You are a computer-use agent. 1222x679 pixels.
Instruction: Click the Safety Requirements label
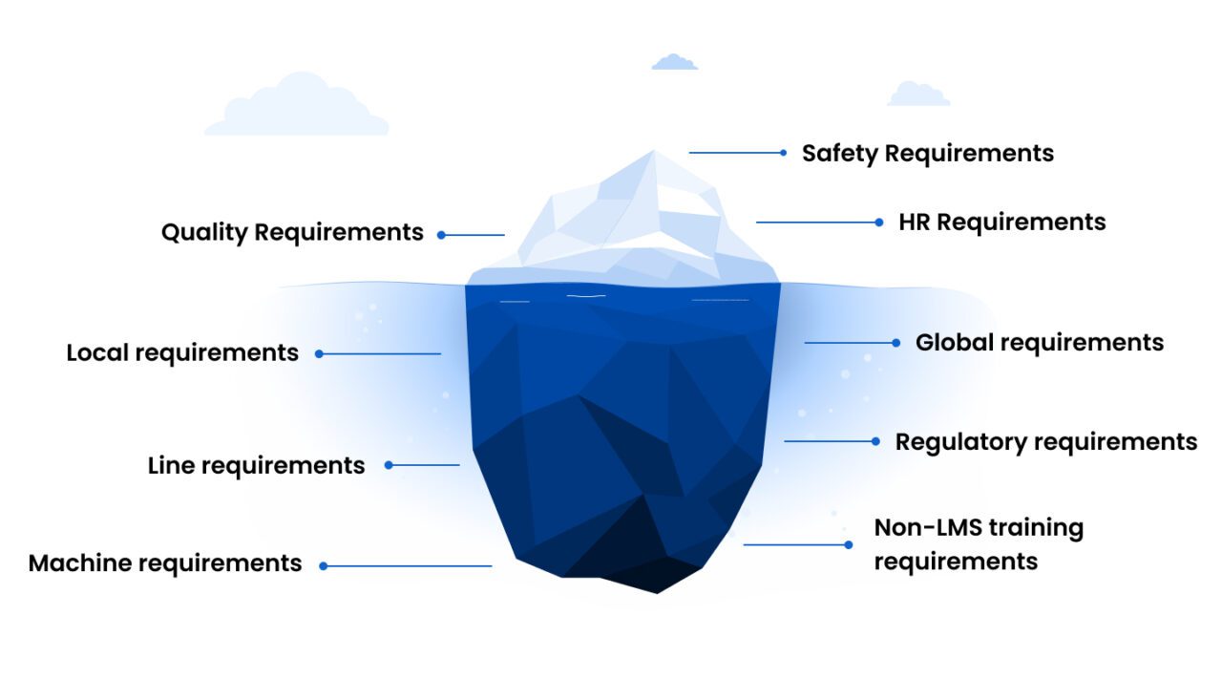(927, 153)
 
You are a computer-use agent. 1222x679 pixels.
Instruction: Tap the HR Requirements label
(1001, 222)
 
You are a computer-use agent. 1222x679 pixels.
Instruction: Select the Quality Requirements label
(292, 232)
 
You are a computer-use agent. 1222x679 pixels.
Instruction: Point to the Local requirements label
(182, 352)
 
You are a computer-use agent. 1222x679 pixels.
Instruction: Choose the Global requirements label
(1039, 342)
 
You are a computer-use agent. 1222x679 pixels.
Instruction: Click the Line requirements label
(256, 465)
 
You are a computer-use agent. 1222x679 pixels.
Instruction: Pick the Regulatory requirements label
(1045, 441)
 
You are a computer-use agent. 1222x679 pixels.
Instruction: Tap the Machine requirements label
(165, 563)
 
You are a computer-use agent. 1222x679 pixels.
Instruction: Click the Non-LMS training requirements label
(978, 543)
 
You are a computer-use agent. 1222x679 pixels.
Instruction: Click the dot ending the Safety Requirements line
(784, 153)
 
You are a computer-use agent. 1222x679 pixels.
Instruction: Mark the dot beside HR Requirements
(879, 223)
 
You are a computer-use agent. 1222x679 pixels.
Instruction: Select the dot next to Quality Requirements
(442, 234)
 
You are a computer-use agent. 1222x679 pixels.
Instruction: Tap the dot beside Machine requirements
(324, 566)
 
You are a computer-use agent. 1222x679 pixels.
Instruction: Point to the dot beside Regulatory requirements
(876, 441)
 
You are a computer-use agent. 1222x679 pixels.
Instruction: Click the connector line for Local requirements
(382, 353)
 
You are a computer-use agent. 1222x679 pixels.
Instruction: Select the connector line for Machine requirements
(411, 566)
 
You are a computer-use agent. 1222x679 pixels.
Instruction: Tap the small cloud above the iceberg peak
(674, 62)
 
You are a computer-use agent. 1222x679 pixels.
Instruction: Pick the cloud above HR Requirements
(918, 94)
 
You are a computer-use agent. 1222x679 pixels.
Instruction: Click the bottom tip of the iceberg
(657, 589)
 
